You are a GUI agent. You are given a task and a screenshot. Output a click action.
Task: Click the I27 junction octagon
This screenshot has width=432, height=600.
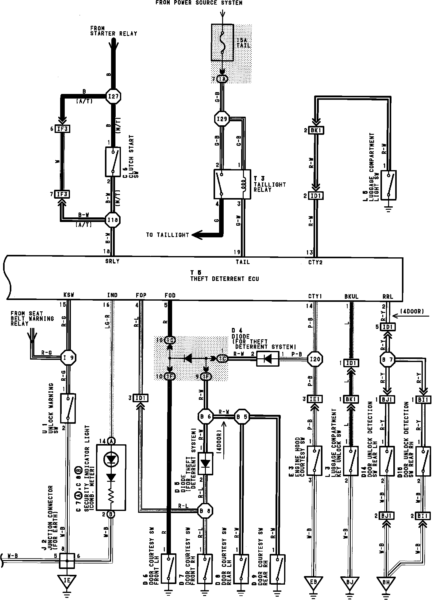point(113,97)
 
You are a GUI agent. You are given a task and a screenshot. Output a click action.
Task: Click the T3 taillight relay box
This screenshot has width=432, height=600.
point(232,184)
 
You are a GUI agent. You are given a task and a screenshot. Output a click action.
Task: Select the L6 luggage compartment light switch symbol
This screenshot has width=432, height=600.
point(388,185)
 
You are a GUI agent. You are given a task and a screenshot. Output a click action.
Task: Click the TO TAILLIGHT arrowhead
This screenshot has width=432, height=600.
point(196,235)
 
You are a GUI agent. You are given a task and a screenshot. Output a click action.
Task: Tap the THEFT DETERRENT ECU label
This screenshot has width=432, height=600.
point(225,279)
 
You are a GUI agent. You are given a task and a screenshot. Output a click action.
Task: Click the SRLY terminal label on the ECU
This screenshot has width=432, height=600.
point(112,262)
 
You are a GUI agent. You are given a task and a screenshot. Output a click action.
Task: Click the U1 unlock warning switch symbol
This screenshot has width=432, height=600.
point(68,408)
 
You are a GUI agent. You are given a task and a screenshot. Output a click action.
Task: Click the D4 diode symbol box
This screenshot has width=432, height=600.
point(268,359)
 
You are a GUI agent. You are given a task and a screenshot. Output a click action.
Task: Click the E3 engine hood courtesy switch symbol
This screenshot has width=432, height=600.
point(314,461)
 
